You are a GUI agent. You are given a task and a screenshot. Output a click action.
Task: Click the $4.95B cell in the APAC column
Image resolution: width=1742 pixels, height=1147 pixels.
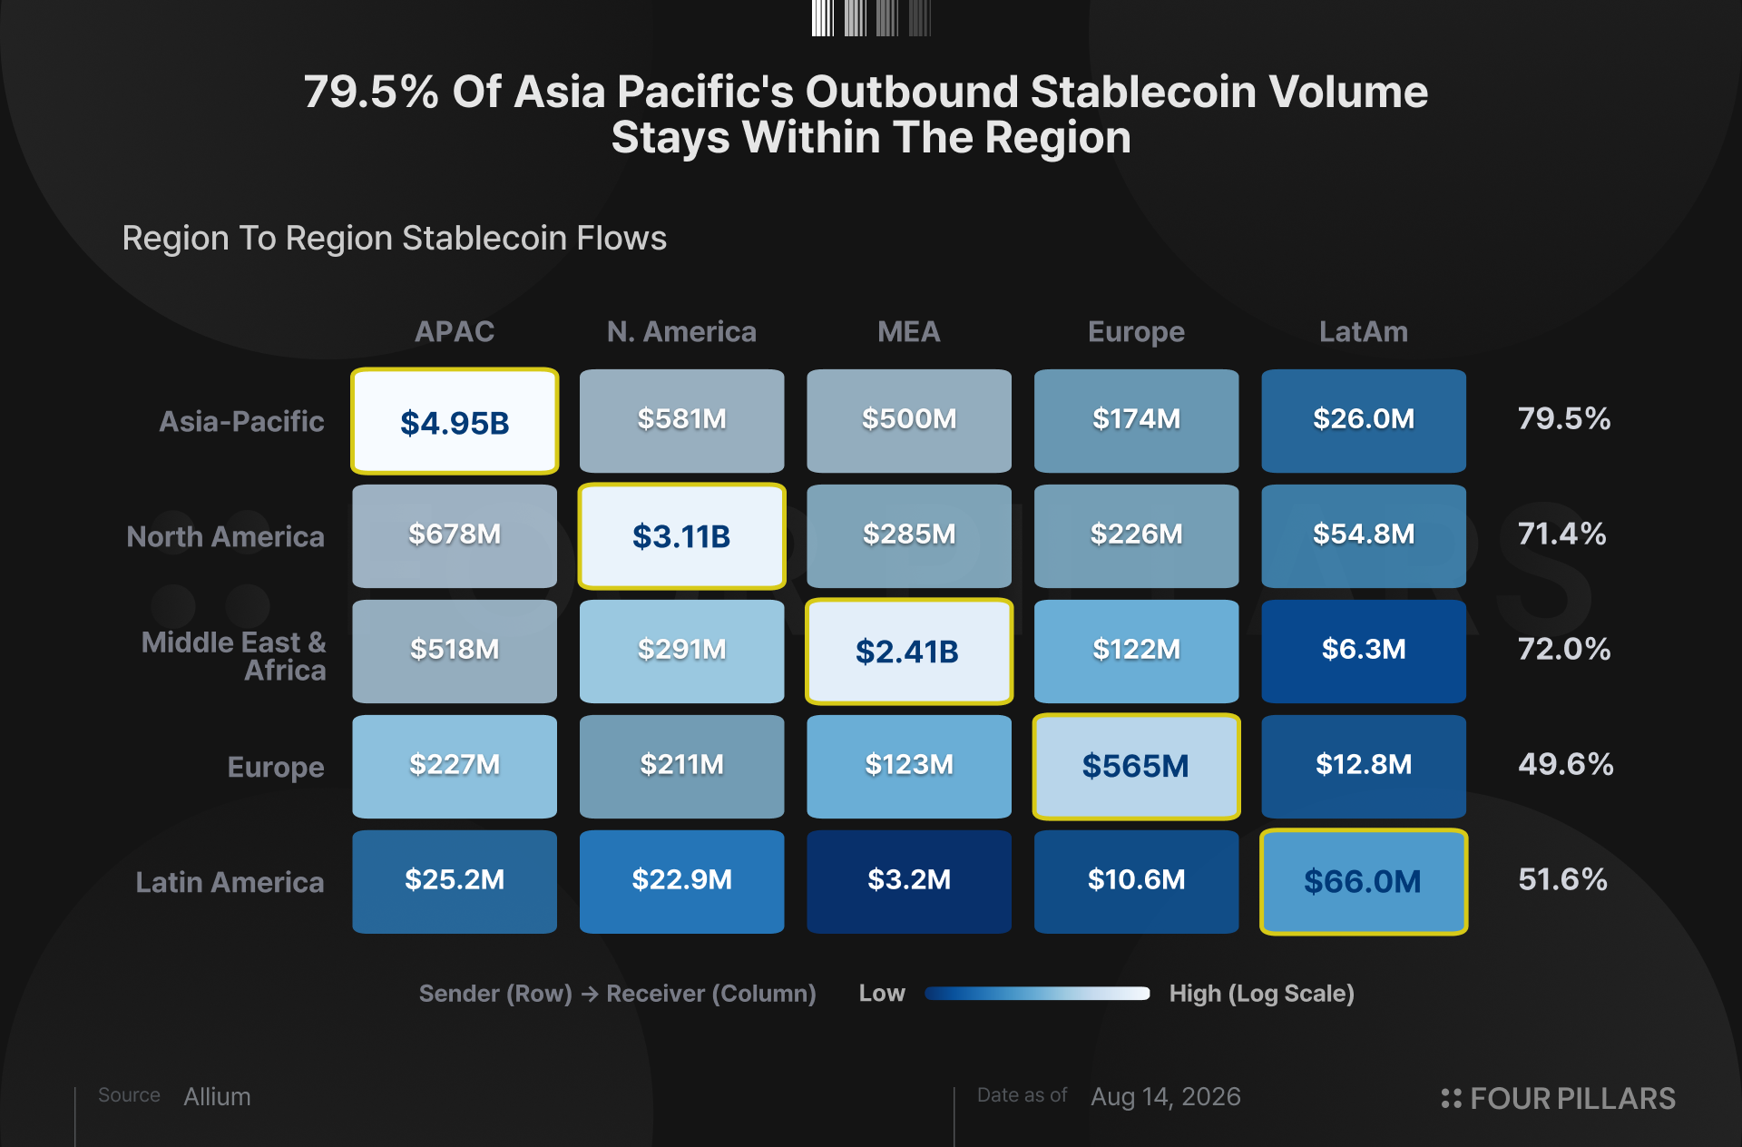tap(455, 421)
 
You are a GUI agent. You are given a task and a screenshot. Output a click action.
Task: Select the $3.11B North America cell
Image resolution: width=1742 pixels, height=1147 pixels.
tap(682, 536)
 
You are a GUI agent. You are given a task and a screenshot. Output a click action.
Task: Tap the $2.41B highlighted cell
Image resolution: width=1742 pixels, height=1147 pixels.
tap(909, 652)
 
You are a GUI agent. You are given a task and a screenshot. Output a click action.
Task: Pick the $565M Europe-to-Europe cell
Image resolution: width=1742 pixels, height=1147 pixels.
tap(1137, 767)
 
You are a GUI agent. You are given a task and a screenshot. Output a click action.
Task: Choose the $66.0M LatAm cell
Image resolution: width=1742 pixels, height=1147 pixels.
tap(1364, 882)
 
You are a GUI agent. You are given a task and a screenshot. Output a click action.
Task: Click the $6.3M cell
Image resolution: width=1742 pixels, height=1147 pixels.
tap(1364, 652)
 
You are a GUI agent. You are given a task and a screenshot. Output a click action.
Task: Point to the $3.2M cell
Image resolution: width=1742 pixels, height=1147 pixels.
tap(909, 882)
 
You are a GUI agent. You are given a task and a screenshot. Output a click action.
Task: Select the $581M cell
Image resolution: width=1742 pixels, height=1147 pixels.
tap(682, 421)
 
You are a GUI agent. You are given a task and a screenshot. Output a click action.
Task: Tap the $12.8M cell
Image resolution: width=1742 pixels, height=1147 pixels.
tap(1364, 767)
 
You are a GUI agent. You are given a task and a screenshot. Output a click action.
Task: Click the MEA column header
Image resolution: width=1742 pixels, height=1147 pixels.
tap(909, 332)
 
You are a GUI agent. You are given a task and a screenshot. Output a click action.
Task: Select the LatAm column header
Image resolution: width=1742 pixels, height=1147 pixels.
tap(1364, 332)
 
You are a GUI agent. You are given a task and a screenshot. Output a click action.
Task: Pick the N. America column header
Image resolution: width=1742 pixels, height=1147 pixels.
tap(681, 332)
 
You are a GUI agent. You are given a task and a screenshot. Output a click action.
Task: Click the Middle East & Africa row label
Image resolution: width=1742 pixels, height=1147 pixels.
tap(234, 656)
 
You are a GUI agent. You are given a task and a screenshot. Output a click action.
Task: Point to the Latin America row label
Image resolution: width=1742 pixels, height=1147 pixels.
tap(230, 882)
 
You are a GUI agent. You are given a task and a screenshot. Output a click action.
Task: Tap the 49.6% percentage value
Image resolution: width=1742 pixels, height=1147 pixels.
tap(1566, 764)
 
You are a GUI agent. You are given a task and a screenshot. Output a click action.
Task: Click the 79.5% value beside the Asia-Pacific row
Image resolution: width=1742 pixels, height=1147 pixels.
tap(1564, 418)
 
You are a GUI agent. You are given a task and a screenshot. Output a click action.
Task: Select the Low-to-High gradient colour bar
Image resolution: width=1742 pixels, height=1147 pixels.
tap(1037, 994)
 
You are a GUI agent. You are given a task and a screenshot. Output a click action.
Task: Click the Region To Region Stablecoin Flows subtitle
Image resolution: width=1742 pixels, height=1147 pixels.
tap(395, 238)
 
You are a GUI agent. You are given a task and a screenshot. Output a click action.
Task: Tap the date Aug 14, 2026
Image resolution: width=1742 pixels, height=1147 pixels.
tap(1166, 1097)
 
